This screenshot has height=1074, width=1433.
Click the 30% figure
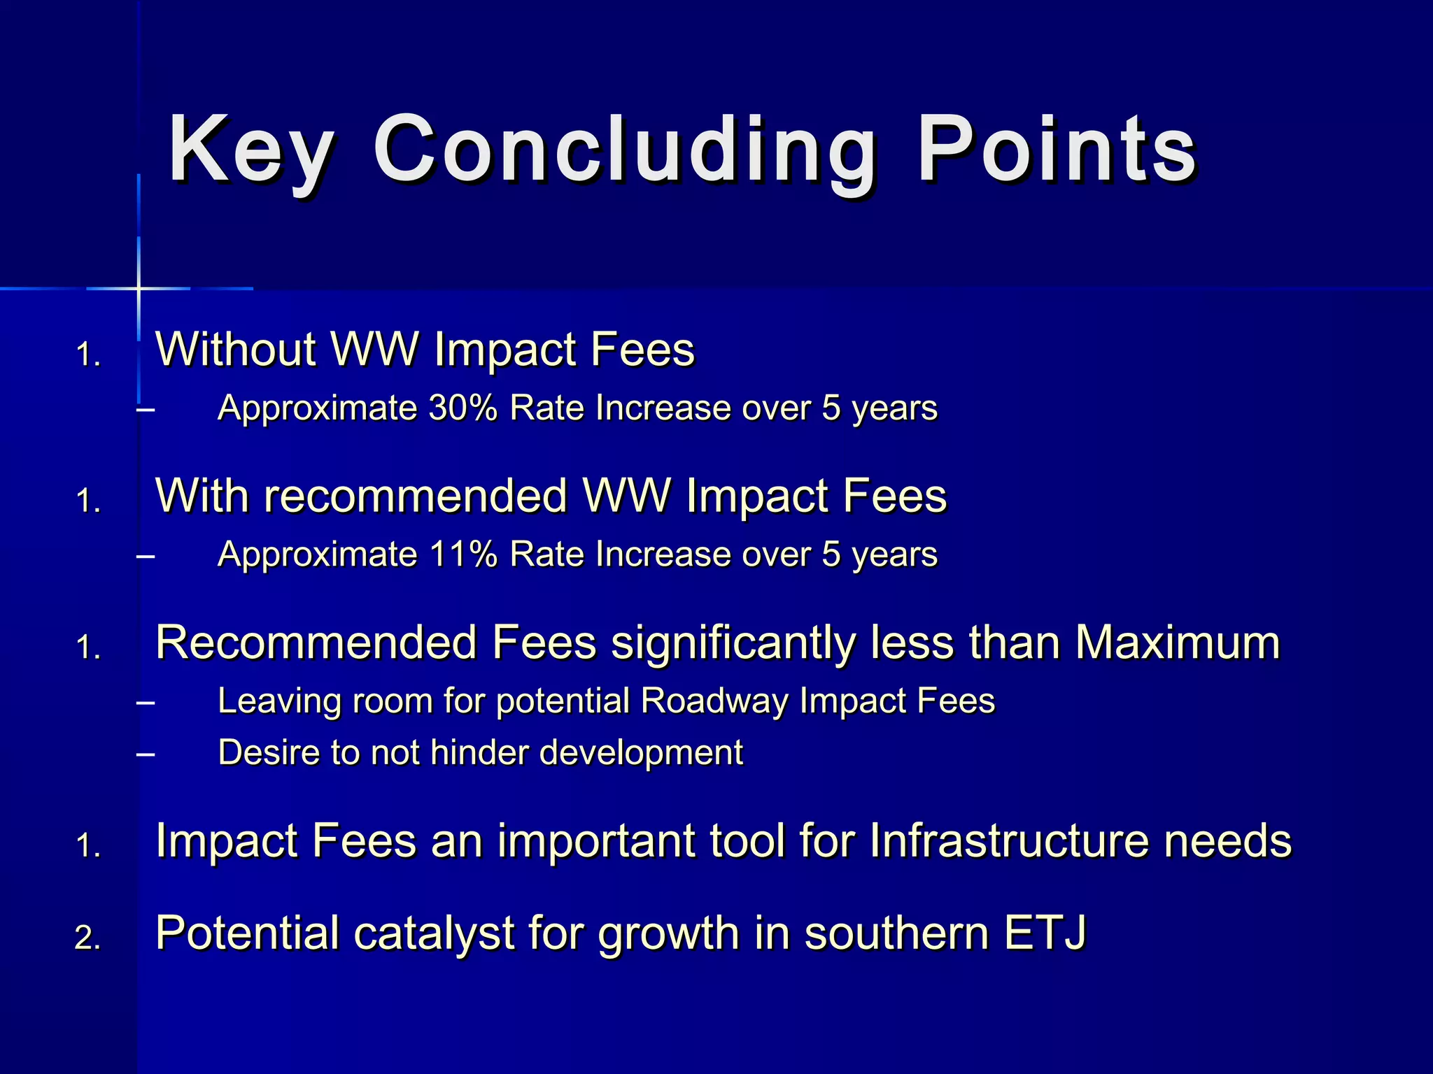pos(462,408)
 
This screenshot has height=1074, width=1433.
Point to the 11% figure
pos(462,554)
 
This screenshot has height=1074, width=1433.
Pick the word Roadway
pos(714,701)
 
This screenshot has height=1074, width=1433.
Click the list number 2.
pos(87,938)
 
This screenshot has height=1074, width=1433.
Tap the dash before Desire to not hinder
pos(146,754)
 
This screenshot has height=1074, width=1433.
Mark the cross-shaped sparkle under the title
pos(139,288)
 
